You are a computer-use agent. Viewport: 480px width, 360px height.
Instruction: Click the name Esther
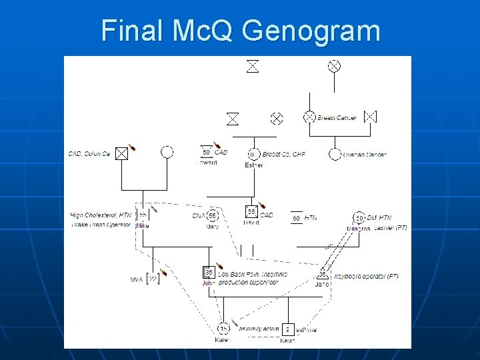click(254, 165)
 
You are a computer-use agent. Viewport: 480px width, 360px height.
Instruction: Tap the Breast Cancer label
click(337, 118)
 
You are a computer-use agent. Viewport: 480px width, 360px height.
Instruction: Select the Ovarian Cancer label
click(364, 155)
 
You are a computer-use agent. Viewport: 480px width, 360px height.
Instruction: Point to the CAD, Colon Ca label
click(89, 154)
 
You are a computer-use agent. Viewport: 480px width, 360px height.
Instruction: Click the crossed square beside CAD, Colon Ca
click(121, 153)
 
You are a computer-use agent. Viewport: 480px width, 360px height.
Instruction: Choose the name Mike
click(143, 226)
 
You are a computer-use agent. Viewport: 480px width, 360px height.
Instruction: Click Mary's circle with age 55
click(213, 216)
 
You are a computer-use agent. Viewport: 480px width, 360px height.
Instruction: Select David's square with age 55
click(251, 212)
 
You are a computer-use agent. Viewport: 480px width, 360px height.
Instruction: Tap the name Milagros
click(358, 228)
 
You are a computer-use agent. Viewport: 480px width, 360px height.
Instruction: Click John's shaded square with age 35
click(209, 272)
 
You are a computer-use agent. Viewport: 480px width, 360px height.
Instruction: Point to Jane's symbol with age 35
click(323, 274)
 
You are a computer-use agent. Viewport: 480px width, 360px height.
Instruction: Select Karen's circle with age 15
click(223, 328)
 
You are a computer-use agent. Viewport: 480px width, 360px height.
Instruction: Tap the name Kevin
click(287, 340)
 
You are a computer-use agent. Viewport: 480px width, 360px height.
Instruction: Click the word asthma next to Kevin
click(306, 329)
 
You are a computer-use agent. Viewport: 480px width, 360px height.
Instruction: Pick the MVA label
click(137, 279)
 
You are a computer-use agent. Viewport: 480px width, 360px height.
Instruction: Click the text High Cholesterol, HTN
click(101, 215)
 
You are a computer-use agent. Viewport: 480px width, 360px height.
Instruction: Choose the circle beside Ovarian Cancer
click(335, 154)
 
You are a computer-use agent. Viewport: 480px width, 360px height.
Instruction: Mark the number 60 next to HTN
click(296, 218)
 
